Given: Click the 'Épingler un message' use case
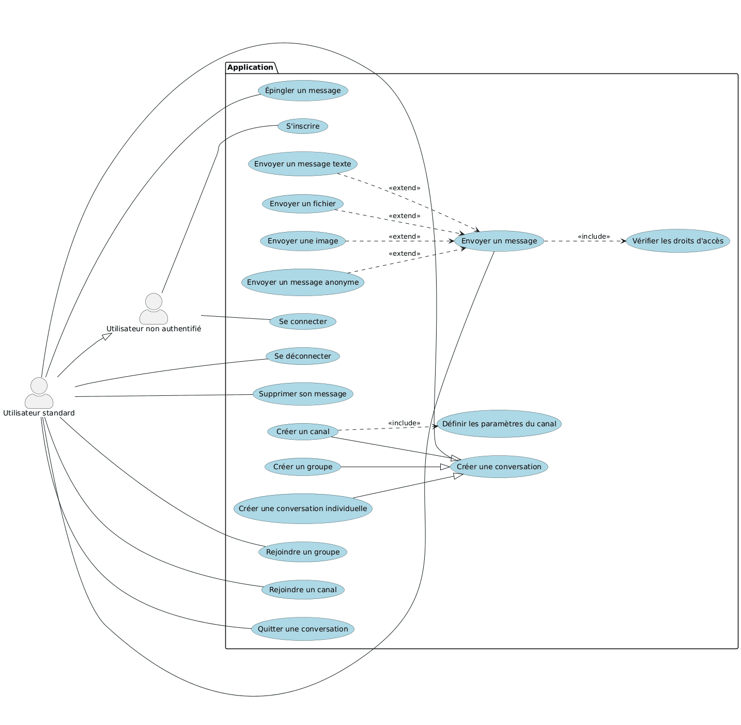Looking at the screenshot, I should tap(303, 91).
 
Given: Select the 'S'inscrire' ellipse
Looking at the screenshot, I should tap(303, 126).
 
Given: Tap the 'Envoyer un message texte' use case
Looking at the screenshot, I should tap(303, 164).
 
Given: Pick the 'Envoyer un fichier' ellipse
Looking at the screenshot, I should tap(303, 204).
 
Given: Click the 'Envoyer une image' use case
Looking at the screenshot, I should tap(303, 241).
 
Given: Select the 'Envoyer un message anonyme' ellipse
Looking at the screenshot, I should tap(303, 282).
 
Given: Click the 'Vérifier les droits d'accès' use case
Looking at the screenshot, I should tap(677, 241).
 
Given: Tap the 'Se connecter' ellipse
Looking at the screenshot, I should tap(303, 321).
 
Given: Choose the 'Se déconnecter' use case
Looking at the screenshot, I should tap(303, 356).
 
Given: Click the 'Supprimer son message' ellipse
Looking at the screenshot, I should tap(303, 394).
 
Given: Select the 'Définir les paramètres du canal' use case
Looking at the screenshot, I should tap(499, 424).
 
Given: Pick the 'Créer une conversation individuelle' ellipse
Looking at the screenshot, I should tap(303, 508).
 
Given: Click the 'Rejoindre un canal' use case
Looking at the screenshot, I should tap(303, 590).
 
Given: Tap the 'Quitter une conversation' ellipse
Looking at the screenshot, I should tap(303, 629).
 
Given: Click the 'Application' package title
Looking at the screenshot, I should tap(250, 67).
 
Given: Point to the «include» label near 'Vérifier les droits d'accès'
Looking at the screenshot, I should tap(594, 236).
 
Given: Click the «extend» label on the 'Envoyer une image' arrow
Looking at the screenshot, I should tap(404, 236).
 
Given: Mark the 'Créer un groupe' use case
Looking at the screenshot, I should tap(303, 467).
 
